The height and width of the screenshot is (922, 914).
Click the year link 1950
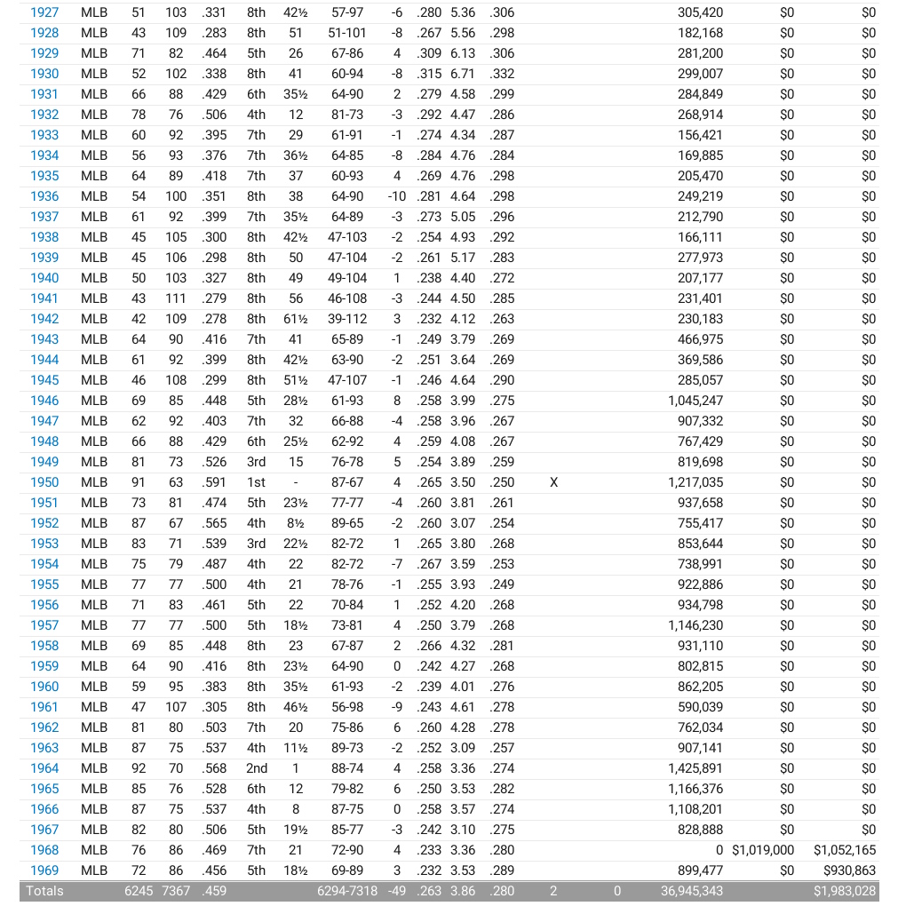[x=44, y=482]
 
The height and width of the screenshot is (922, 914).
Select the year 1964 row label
[x=44, y=768]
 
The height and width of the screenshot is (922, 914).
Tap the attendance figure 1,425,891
[x=695, y=768]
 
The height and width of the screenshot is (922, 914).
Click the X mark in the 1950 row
[x=554, y=482]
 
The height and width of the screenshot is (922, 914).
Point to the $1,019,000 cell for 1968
[x=763, y=850]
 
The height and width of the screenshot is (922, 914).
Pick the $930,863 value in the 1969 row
[x=845, y=870]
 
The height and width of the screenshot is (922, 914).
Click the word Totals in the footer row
[x=45, y=891]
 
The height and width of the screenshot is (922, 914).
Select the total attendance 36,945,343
[x=692, y=891]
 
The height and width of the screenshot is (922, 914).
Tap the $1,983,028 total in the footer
[x=845, y=891]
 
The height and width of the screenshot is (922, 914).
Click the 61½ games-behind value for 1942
[x=296, y=319]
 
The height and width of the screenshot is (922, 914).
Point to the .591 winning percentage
[x=214, y=482]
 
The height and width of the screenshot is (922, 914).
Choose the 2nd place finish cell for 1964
[x=257, y=768]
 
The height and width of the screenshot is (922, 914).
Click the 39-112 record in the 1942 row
[x=346, y=319]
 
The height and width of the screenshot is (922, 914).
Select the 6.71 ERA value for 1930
[x=463, y=74]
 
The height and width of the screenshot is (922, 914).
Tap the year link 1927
[x=44, y=12]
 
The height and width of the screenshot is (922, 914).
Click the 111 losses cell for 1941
[x=176, y=298]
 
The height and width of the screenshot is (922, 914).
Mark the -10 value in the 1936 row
[x=397, y=196]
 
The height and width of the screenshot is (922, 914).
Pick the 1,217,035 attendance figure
[x=695, y=482]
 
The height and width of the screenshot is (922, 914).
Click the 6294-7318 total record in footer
[x=347, y=891]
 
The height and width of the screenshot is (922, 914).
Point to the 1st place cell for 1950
[x=257, y=482]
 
